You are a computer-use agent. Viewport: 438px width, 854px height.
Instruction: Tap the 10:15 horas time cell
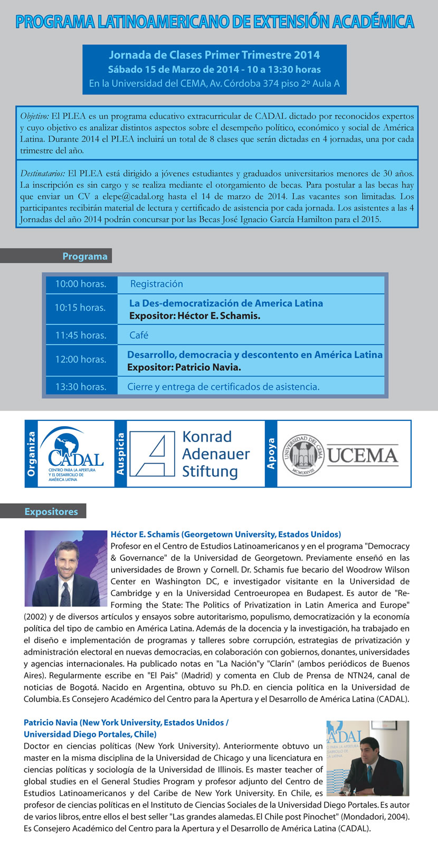click(80, 308)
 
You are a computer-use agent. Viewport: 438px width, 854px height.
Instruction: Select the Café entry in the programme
click(139, 335)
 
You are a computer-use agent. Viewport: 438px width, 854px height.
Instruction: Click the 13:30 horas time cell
click(80, 387)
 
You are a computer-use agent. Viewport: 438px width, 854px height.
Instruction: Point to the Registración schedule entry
click(156, 284)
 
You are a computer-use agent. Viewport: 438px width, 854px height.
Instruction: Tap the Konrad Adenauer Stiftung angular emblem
click(152, 454)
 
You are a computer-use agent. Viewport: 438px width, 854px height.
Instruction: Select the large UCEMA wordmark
click(362, 455)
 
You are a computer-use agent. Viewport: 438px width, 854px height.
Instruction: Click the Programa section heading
click(84, 256)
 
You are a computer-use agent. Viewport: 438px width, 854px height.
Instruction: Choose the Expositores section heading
click(51, 512)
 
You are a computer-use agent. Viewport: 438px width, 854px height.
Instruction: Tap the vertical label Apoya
click(271, 454)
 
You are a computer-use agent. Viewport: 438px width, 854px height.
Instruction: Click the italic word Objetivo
click(34, 116)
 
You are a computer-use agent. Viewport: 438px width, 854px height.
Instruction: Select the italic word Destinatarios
click(43, 173)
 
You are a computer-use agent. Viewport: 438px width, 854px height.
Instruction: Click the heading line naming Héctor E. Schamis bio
click(225, 534)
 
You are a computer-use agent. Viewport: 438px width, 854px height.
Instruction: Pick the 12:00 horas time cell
click(80, 360)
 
